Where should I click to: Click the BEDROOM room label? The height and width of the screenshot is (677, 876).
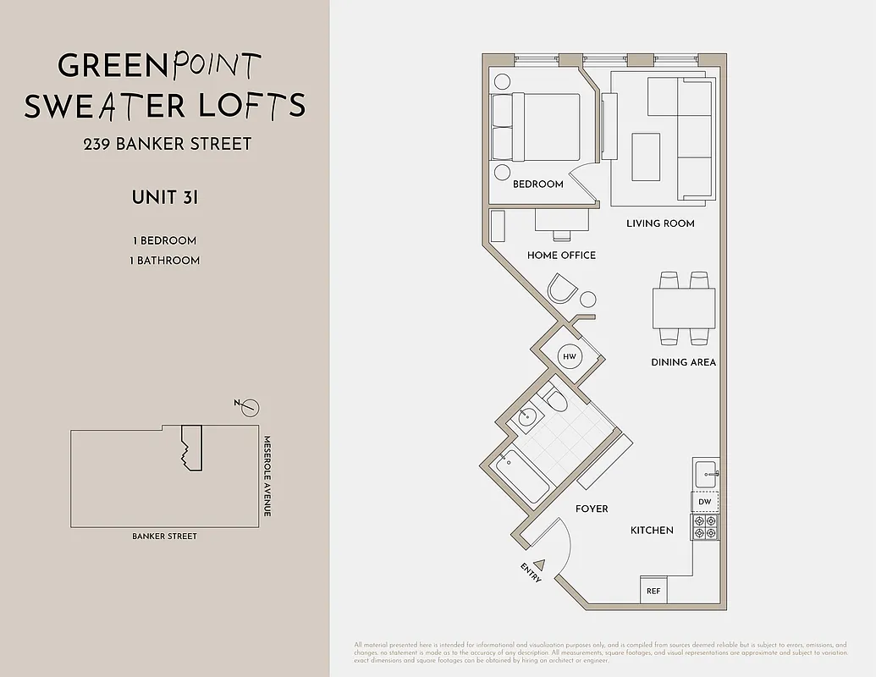pyautogui.click(x=537, y=184)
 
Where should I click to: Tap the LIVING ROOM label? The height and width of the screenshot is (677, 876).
pyautogui.click(x=660, y=223)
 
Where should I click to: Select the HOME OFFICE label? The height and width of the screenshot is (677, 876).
pyautogui.click(x=561, y=255)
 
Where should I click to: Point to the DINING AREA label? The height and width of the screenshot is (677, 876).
pyautogui.click(x=683, y=362)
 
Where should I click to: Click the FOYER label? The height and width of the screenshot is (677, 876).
pyautogui.click(x=592, y=509)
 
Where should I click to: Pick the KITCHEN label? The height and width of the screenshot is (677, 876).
pyautogui.click(x=652, y=531)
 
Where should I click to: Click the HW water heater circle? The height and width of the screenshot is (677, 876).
pyautogui.click(x=570, y=357)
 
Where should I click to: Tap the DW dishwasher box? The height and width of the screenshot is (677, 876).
pyautogui.click(x=705, y=502)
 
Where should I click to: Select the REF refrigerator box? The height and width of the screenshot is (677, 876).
pyautogui.click(x=653, y=591)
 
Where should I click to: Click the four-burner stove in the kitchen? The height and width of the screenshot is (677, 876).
pyautogui.click(x=705, y=527)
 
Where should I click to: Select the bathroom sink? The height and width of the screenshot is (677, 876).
pyautogui.click(x=528, y=416)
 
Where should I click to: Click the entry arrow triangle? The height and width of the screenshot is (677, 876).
pyautogui.click(x=541, y=564)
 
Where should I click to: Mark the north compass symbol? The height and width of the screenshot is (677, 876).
pyautogui.click(x=249, y=408)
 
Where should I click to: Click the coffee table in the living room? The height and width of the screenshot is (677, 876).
pyautogui.click(x=647, y=157)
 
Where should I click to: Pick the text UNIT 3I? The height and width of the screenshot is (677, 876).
pyautogui.click(x=165, y=197)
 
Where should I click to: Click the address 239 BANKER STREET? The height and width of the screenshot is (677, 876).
pyautogui.click(x=168, y=144)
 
